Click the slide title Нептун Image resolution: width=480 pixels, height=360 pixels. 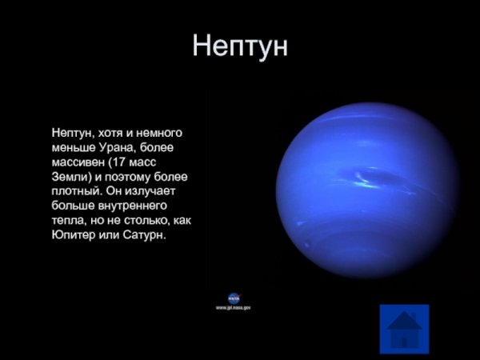[239, 46]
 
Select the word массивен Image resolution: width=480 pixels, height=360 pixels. [79, 162]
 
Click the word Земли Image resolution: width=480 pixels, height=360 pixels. [68, 176]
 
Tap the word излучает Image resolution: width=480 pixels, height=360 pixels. [160, 191]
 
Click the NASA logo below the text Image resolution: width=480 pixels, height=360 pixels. [234, 298]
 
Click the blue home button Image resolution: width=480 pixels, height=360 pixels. [404, 328]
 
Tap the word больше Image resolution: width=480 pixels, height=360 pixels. [74, 206]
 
